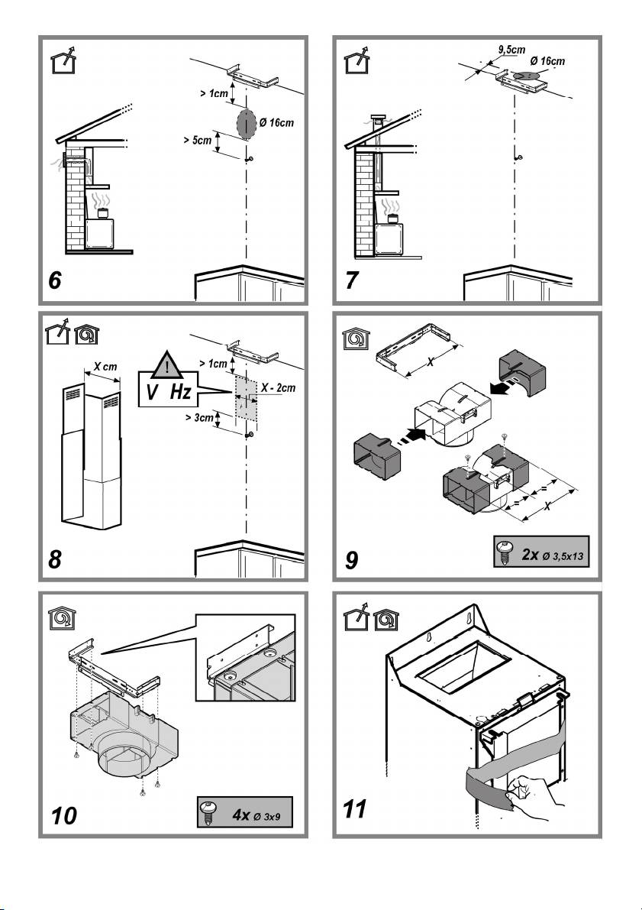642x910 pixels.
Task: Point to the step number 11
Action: (356, 808)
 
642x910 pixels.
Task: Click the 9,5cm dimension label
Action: (509, 49)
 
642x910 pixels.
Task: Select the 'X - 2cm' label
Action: (277, 388)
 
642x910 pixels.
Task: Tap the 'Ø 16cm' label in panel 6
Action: (276, 122)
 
